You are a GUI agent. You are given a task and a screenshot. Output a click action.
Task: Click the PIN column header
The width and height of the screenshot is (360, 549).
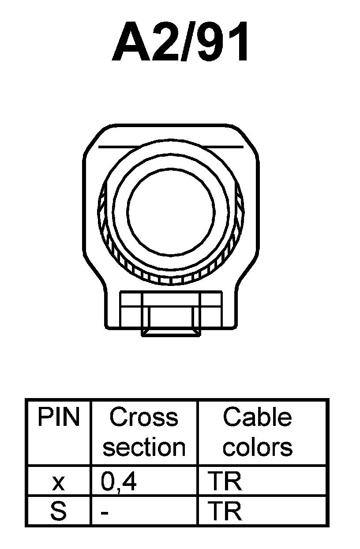pyautogui.click(x=59, y=417)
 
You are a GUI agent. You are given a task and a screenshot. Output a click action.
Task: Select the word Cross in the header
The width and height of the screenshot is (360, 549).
pyautogui.click(x=144, y=417)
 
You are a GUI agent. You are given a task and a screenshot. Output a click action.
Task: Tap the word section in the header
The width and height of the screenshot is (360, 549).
pyautogui.click(x=144, y=447)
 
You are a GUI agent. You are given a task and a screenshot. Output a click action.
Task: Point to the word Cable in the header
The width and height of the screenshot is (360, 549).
pyautogui.click(x=257, y=417)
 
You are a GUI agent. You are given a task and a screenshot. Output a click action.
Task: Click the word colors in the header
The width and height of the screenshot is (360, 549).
pyautogui.click(x=257, y=447)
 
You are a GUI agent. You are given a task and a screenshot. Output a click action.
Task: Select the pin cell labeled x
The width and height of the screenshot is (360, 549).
pyautogui.click(x=58, y=483)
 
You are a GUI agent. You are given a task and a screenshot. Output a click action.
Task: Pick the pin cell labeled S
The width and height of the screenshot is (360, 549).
pyautogui.click(x=58, y=511)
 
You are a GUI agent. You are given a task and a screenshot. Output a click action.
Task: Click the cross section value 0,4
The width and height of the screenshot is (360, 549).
pyautogui.click(x=119, y=482)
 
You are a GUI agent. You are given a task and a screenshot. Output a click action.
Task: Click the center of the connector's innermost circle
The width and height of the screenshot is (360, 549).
pyautogui.click(x=171, y=211)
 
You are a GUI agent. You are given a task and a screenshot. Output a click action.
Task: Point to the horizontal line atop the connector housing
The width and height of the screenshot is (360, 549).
pyautogui.click(x=171, y=146)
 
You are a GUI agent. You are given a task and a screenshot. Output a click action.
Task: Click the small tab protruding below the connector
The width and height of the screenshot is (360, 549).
pyautogui.click(x=171, y=332)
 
